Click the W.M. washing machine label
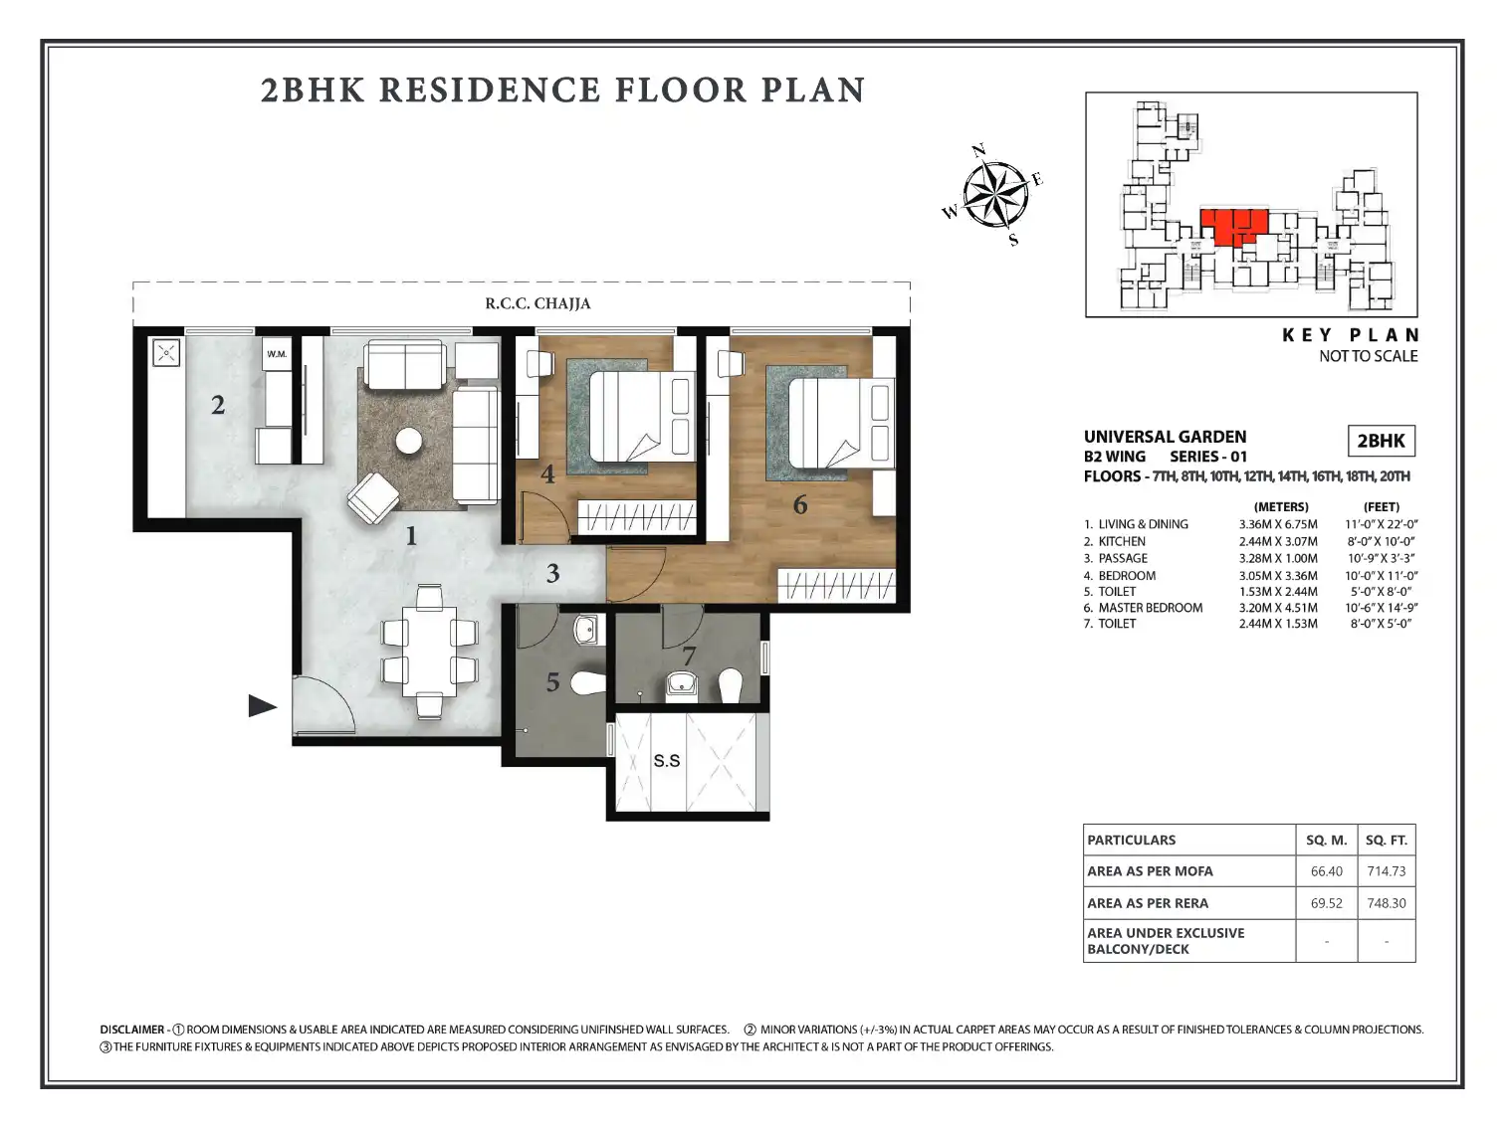277,354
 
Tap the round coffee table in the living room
409,441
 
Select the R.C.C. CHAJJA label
537,303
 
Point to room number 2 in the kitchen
218,406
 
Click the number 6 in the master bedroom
800,504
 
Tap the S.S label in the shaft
667,760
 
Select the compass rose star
995,195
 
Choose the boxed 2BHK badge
1381,441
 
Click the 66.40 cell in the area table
1326,871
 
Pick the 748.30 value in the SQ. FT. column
1386,903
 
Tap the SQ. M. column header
1326,841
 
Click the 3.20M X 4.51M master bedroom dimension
1277,608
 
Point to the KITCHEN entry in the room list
1122,541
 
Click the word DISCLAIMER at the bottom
132,1030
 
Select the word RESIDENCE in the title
490,91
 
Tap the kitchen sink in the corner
166,353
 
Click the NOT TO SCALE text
1368,356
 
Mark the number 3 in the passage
552,573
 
